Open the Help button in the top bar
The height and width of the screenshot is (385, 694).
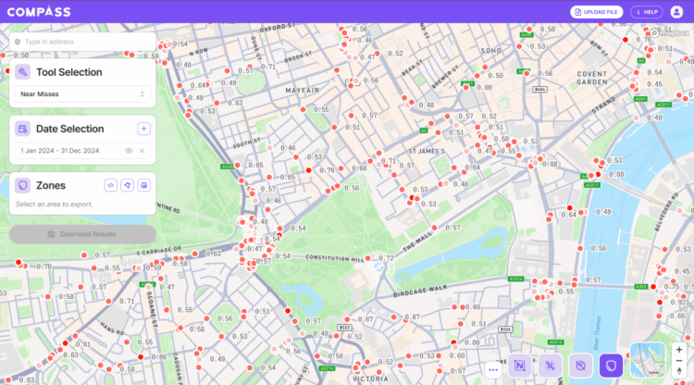pos(646,11)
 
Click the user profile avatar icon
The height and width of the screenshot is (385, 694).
pos(676,11)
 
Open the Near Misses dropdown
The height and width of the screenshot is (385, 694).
pos(83,93)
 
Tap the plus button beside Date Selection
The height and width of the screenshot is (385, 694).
pos(143,129)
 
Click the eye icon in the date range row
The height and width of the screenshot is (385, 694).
pos(129,150)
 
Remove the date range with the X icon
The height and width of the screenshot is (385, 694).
pos(142,150)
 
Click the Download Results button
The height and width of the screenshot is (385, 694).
pos(82,234)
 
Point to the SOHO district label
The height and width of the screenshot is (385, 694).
pos(490,50)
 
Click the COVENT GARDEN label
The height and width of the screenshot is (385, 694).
pos(592,78)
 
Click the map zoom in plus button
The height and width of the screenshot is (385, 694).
pos(679,350)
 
